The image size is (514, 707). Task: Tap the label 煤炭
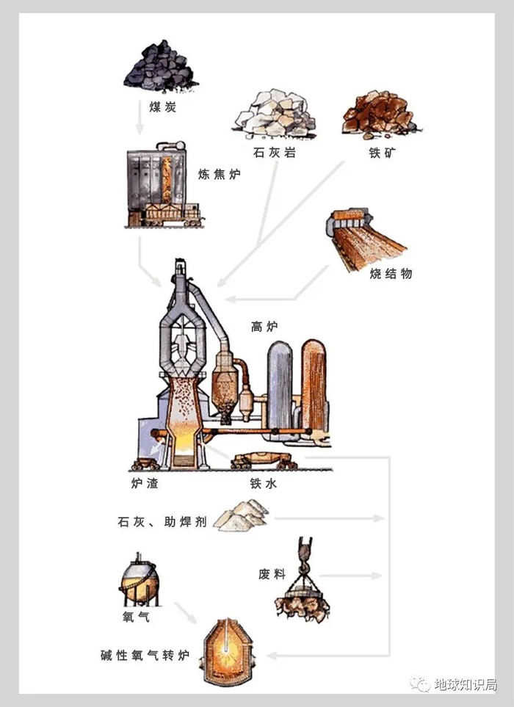(x=163, y=107)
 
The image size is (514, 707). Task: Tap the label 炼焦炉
(x=220, y=174)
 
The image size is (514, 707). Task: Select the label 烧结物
(x=391, y=273)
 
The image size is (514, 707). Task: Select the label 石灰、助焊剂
(x=162, y=523)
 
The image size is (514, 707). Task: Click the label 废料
(x=272, y=573)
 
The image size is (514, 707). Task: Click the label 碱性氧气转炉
(x=145, y=654)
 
